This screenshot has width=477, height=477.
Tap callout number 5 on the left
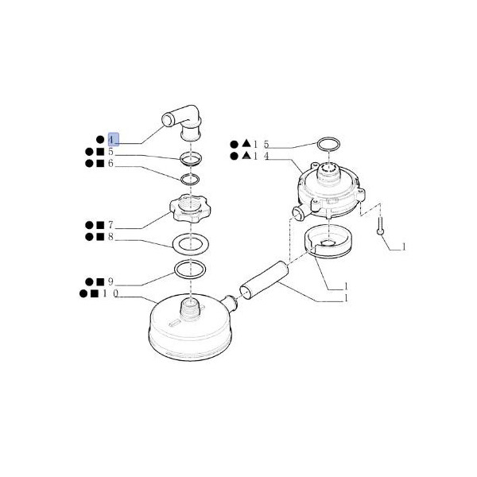pyautogui.click(x=111, y=152)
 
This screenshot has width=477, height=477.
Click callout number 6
pyautogui.click(x=111, y=163)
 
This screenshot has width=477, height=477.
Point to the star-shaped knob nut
pyautogui.click(x=190, y=208)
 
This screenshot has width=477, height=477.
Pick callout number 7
pyautogui.click(x=111, y=225)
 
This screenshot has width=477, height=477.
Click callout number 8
pyautogui.click(x=111, y=237)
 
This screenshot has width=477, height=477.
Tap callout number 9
pyautogui.click(x=111, y=281)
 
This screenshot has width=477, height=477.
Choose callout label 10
pyautogui.click(x=111, y=293)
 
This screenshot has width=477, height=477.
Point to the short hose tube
pyautogui.click(x=264, y=277)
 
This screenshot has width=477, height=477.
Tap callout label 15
pyautogui.click(x=261, y=144)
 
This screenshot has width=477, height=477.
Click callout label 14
pyautogui.click(x=261, y=156)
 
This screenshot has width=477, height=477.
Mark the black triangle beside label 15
pyautogui.click(x=246, y=143)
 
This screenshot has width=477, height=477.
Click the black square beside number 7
pyautogui.click(x=100, y=225)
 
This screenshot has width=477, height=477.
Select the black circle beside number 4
pyautogui.click(x=100, y=140)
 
